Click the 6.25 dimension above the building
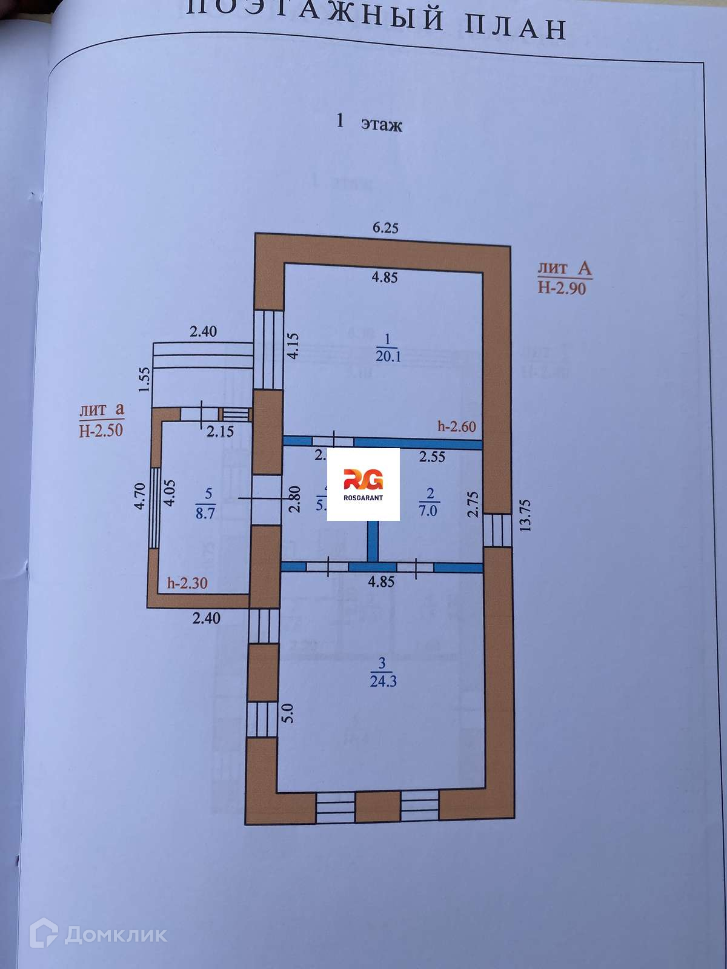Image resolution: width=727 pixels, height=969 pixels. click(385, 228)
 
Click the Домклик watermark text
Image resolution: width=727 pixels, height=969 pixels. click(115, 934)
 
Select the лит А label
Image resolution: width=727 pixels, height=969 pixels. click(564, 268)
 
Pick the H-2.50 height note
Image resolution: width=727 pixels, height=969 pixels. click(101, 430)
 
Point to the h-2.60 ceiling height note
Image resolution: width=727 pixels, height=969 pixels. click(457, 426)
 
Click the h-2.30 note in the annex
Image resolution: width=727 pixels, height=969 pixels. click(187, 583)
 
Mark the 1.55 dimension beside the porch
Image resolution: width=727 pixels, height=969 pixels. click(144, 380)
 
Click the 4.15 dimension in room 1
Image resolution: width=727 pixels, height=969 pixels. click(293, 345)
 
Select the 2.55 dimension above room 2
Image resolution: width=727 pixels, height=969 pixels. click(433, 457)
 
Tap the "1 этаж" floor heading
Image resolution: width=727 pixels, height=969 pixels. click(370, 124)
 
